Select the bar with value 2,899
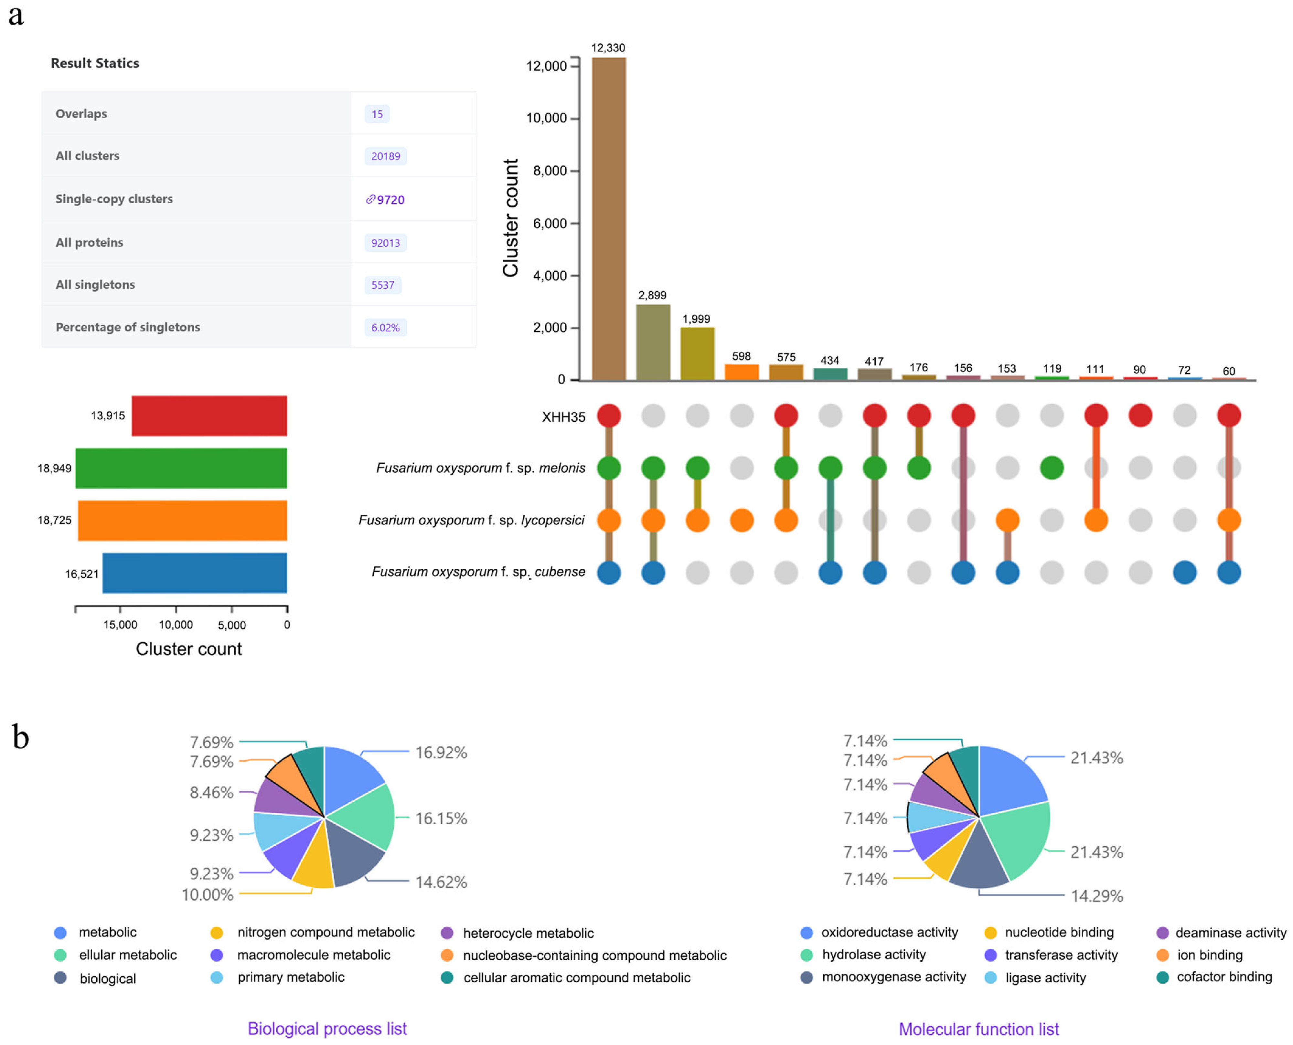(653, 342)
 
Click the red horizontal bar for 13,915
(209, 415)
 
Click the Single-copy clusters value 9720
(390, 200)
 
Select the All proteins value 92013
(385, 243)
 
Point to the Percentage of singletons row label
(128, 327)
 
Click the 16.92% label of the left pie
(441, 753)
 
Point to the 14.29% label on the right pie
(1097, 896)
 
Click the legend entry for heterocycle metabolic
(528, 933)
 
